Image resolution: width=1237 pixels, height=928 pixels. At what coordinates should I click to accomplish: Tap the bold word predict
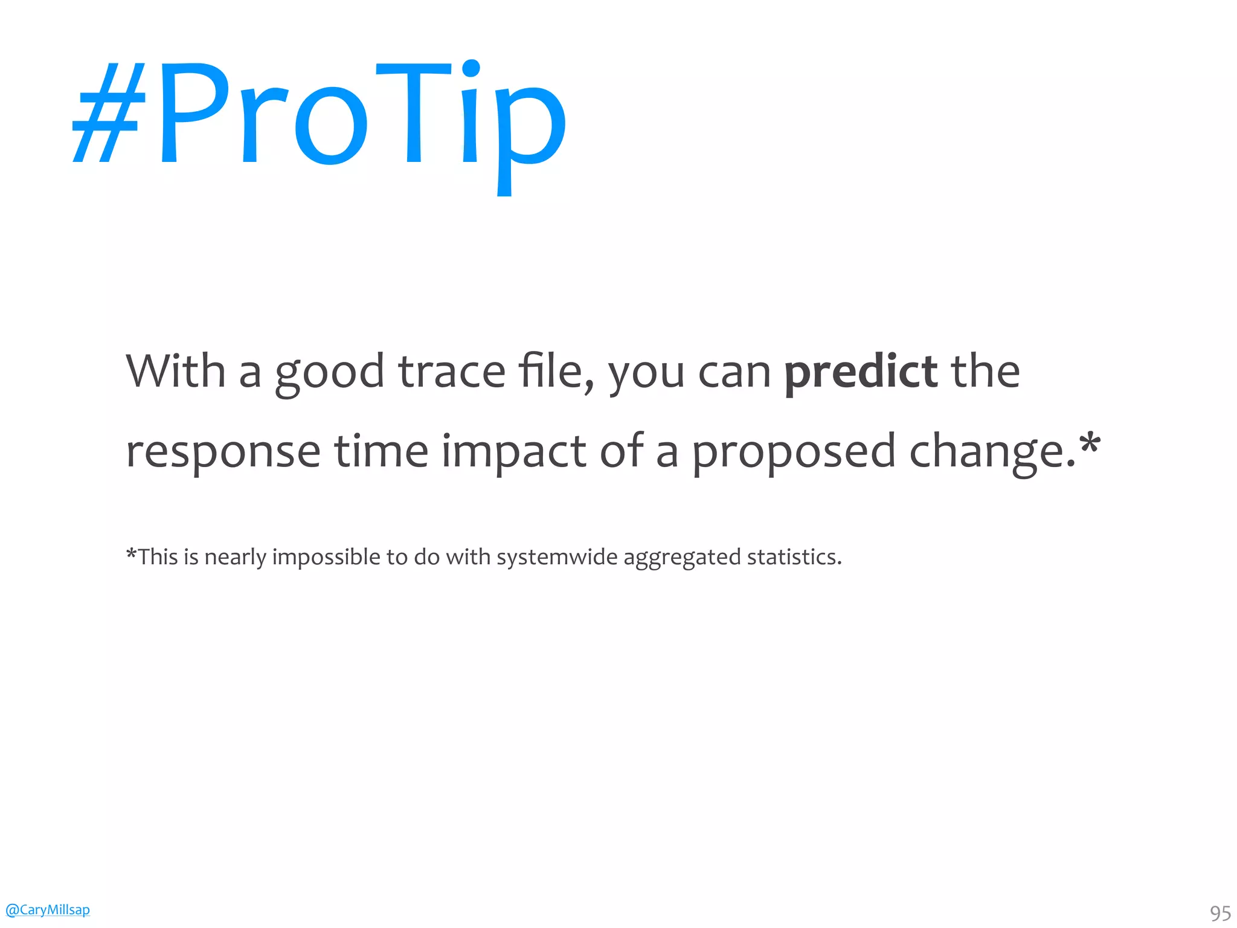click(x=860, y=372)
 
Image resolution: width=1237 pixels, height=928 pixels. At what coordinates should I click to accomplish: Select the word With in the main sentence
click(x=175, y=371)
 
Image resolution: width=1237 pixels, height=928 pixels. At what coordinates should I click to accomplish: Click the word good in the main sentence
click(x=329, y=372)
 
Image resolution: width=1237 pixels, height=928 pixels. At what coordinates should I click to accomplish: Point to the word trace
click(x=451, y=372)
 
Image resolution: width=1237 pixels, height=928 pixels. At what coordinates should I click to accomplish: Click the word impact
click(x=513, y=452)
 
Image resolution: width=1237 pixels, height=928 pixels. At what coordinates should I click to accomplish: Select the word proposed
click(x=793, y=452)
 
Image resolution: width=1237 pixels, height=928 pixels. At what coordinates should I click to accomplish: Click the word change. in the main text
click(x=991, y=452)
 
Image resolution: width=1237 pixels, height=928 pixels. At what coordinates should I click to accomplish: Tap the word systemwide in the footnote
click(x=557, y=557)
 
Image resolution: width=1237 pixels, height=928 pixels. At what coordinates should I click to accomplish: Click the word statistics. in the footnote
click(x=794, y=557)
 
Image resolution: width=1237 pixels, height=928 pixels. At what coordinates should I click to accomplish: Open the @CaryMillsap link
click(x=47, y=909)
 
